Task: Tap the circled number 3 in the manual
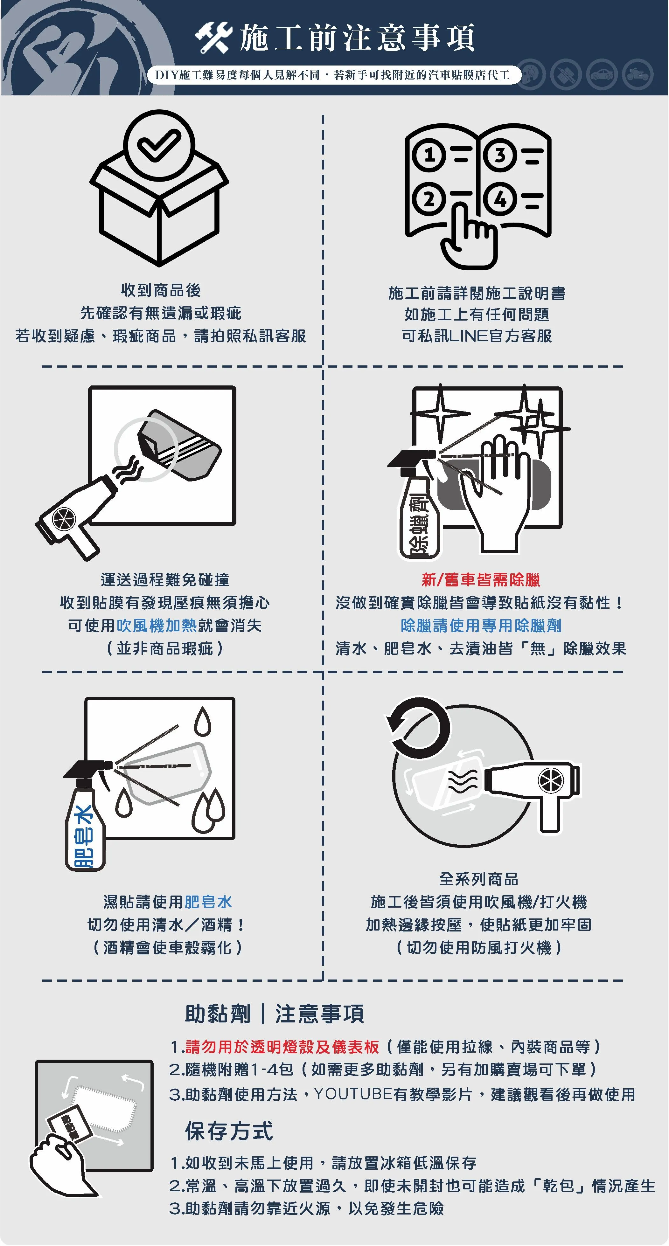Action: [500, 155]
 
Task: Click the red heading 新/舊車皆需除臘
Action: [480, 579]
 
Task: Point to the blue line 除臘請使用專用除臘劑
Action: [481, 626]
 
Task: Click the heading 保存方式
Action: [229, 1131]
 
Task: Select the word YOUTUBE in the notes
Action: [353, 1094]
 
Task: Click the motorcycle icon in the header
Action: [638, 74]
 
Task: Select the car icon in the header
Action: [601, 74]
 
